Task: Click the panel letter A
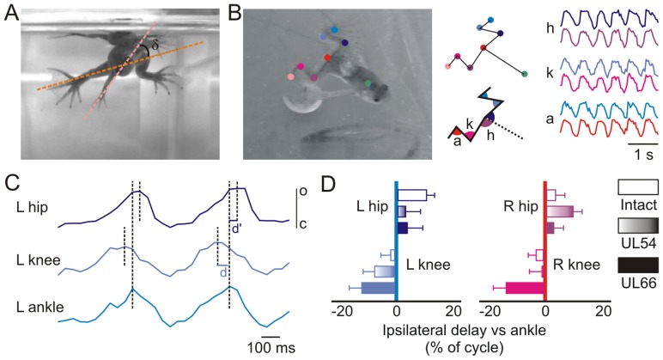point(11,13)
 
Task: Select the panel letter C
point(11,184)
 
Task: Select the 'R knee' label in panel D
point(573,265)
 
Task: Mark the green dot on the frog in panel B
point(368,83)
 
